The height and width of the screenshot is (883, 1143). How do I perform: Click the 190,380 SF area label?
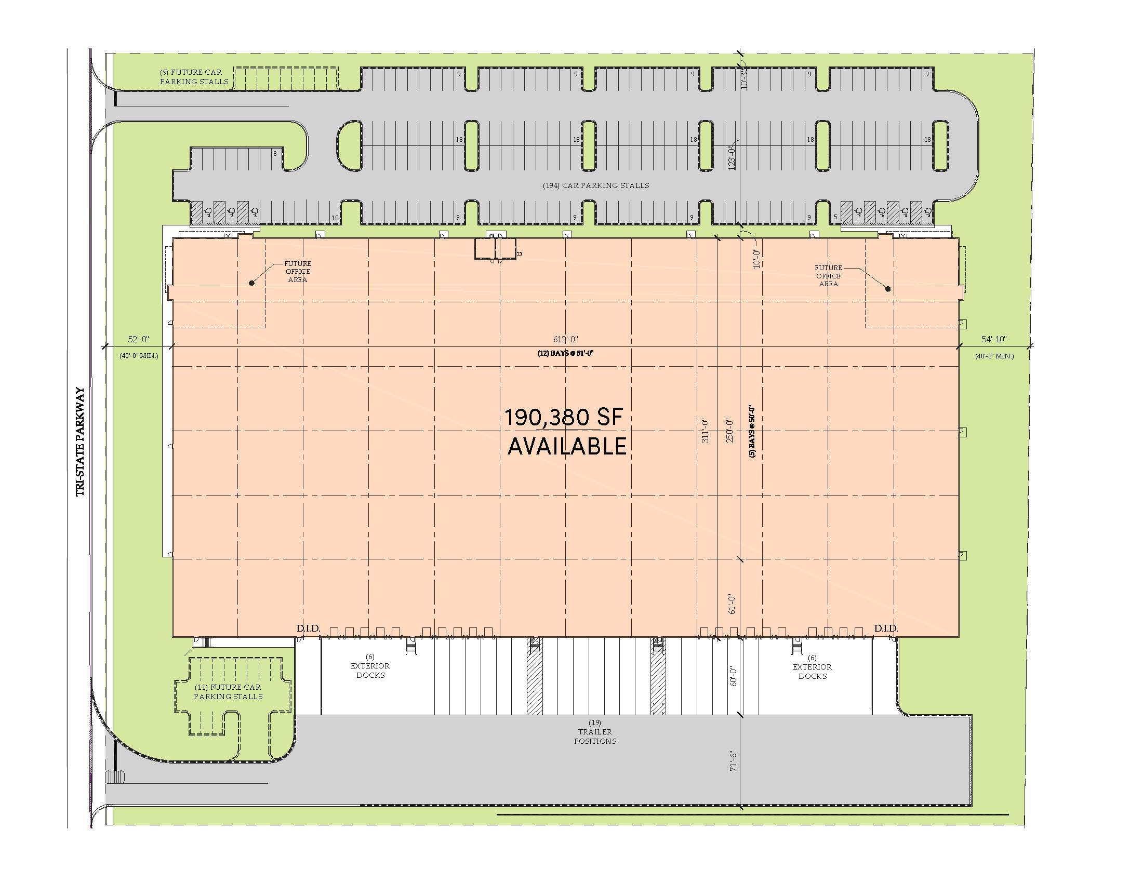pyautogui.click(x=564, y=418)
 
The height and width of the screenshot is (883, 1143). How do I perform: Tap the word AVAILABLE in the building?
pyautogui.click(x=567, y=446)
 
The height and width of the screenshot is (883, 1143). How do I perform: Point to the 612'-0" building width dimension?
pyautogui.click(x=566, y=340)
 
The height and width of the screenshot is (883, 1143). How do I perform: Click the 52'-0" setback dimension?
pyautogui.click(x=139, y=340)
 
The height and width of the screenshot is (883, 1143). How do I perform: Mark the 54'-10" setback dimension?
pyautogui.click(x=994, y=340)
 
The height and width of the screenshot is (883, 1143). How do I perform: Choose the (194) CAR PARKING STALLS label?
pyautogui.click(x=595, y=185)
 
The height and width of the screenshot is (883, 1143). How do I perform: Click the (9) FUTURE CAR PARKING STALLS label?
pyautogui.click(x=194, y=77)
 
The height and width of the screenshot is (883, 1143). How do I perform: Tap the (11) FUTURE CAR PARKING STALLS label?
pyautogui.click(x=228, y=691)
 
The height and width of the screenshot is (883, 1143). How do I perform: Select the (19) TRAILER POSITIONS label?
pyautogui.click(x=595, y=732)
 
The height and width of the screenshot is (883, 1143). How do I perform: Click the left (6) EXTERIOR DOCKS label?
pyautogui.click(x=370, y=666)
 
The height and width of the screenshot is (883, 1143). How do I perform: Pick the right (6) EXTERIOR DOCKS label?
pyautogui.click(x=812, y=667)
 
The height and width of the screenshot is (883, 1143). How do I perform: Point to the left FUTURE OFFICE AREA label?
pyautogui.click(x=298, y=272)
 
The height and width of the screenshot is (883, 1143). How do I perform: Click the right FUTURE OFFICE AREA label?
pyautogui.click(x=829, y=276)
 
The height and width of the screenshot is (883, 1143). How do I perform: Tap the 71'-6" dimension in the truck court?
pyautogui.click(x=733, y=760)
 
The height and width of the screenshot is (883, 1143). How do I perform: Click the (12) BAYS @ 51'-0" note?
pyautogui.click(x=565, y=353)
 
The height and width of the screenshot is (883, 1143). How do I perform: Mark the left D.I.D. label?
pyautogui.click(x=308, y=628)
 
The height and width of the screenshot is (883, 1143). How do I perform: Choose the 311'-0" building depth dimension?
pyautogui.click(x=705, y=431)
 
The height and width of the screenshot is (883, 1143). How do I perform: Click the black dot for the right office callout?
pyautogui.click(x=888, y=289)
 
